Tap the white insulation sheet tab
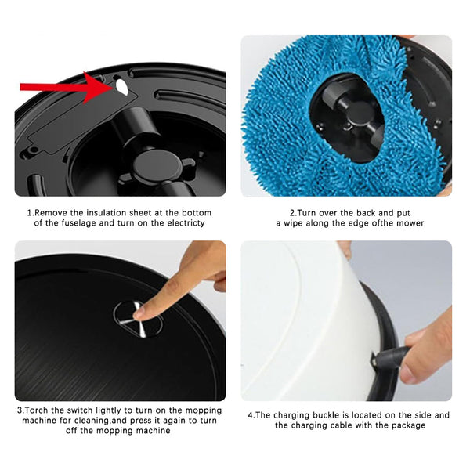(121, 87)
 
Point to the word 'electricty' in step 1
(186, 223)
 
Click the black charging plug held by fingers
(389, 356)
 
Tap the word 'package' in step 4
(409, 425)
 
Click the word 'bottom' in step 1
(197, 213)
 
